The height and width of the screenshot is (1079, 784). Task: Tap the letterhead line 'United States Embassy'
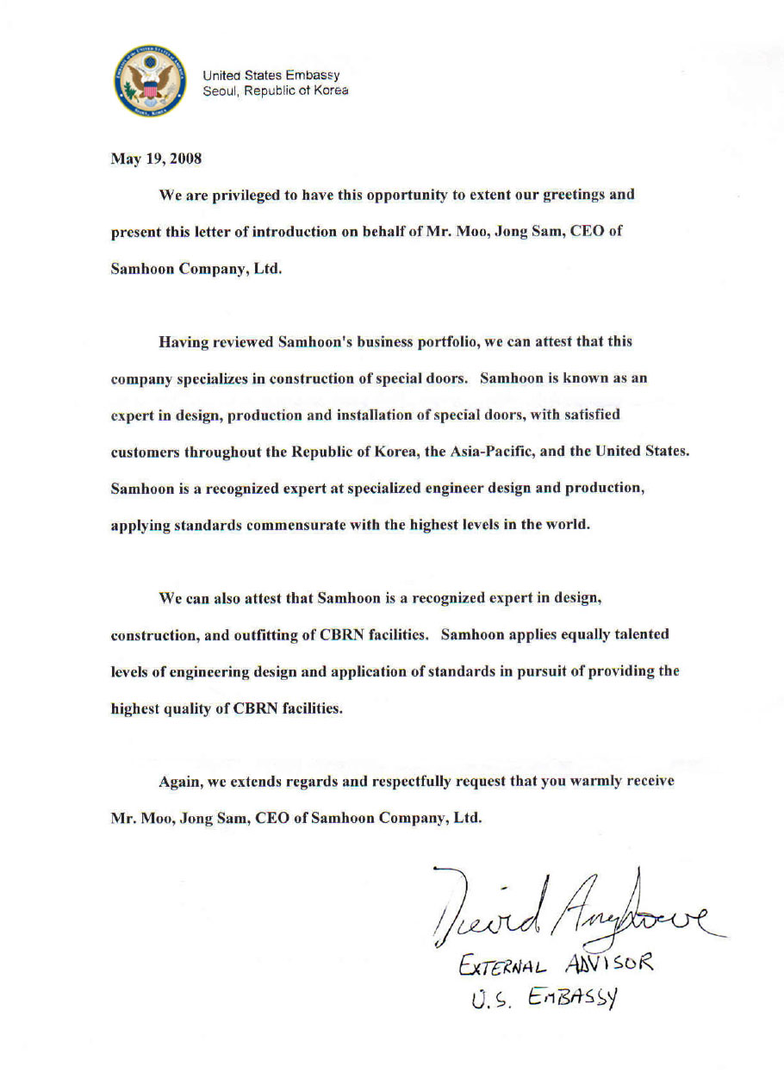271,76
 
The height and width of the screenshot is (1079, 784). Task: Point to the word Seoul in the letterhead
218,90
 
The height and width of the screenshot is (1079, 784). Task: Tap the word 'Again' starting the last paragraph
179,782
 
